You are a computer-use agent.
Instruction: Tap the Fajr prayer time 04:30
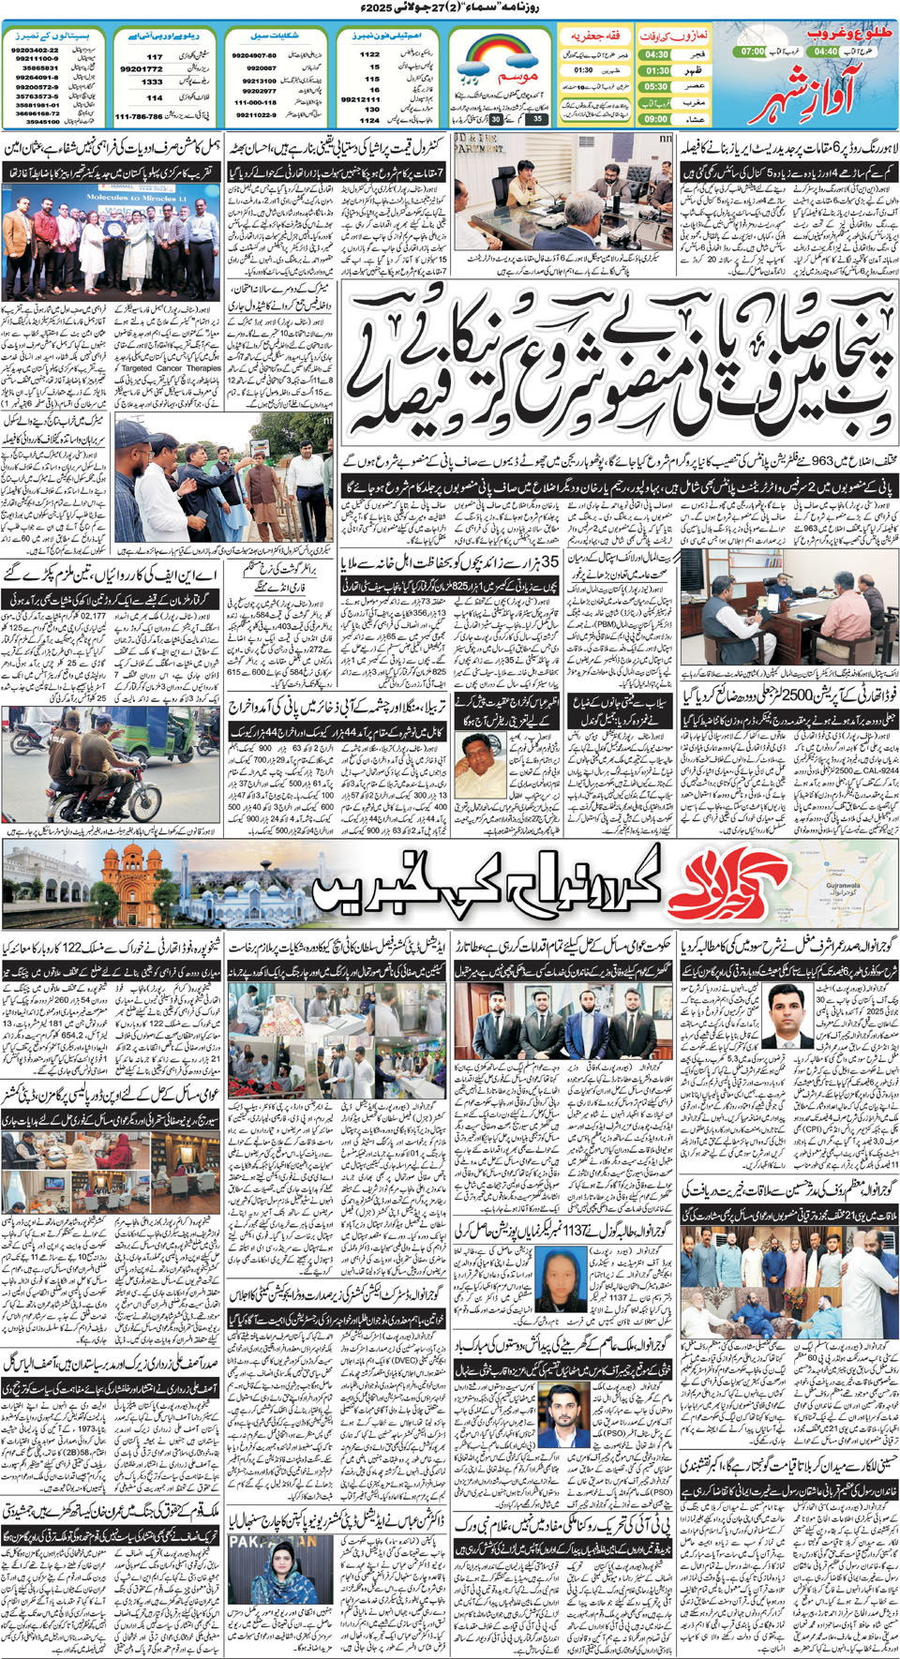tap(656, 55)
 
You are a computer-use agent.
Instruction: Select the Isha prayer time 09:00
tap(656, 119)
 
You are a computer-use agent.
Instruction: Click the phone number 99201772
tap(141, 69)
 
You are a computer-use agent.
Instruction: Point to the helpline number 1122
tap(369, 54)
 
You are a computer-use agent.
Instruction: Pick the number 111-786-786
tap(139, 117)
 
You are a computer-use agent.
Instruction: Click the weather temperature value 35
tap(536, 119)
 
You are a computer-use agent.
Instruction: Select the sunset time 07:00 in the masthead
tap(751, 52)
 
